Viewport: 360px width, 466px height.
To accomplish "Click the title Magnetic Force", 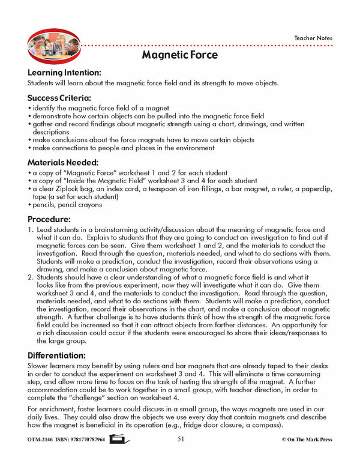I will click(180, 55).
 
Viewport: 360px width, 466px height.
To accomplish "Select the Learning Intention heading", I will click(68, 72).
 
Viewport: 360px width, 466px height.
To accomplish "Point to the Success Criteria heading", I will click(59, 97).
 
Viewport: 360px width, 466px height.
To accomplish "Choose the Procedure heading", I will click(49, 219).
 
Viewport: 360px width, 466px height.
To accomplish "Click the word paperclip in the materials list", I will click(313, 189).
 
